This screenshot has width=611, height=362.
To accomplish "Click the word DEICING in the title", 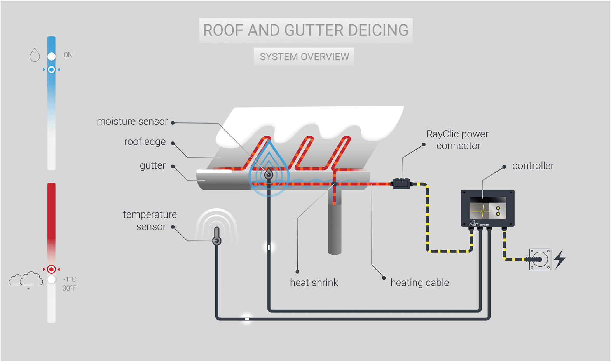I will pos(378,30).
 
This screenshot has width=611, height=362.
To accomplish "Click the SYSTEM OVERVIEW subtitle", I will pos(304,57).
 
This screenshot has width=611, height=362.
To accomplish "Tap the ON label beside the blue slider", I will pos(68,55).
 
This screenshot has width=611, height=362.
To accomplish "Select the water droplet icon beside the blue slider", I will pos(35,55).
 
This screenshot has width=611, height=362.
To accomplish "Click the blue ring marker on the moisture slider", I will pos(51,70).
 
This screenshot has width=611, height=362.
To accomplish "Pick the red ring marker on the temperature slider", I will pos(51,269).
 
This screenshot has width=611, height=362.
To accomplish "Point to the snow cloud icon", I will pos(26,280).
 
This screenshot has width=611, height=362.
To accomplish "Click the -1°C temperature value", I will pos(70,279).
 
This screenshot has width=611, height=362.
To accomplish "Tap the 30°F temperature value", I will pos(69,288).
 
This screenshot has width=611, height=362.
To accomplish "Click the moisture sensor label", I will pos(132,122).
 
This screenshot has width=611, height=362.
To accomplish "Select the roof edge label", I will pos(145,142).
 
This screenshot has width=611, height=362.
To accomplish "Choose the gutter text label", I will pos(152,165).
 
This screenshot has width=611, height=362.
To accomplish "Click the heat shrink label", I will pos(314,283).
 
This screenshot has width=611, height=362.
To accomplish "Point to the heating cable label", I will pos(419,283).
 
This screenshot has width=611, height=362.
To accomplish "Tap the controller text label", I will pos(532,166).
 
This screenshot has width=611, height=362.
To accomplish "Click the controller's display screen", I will pos(487,208).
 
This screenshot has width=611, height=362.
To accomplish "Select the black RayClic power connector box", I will pos(401,183).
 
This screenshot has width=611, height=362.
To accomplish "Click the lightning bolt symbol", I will pos(560,259).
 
